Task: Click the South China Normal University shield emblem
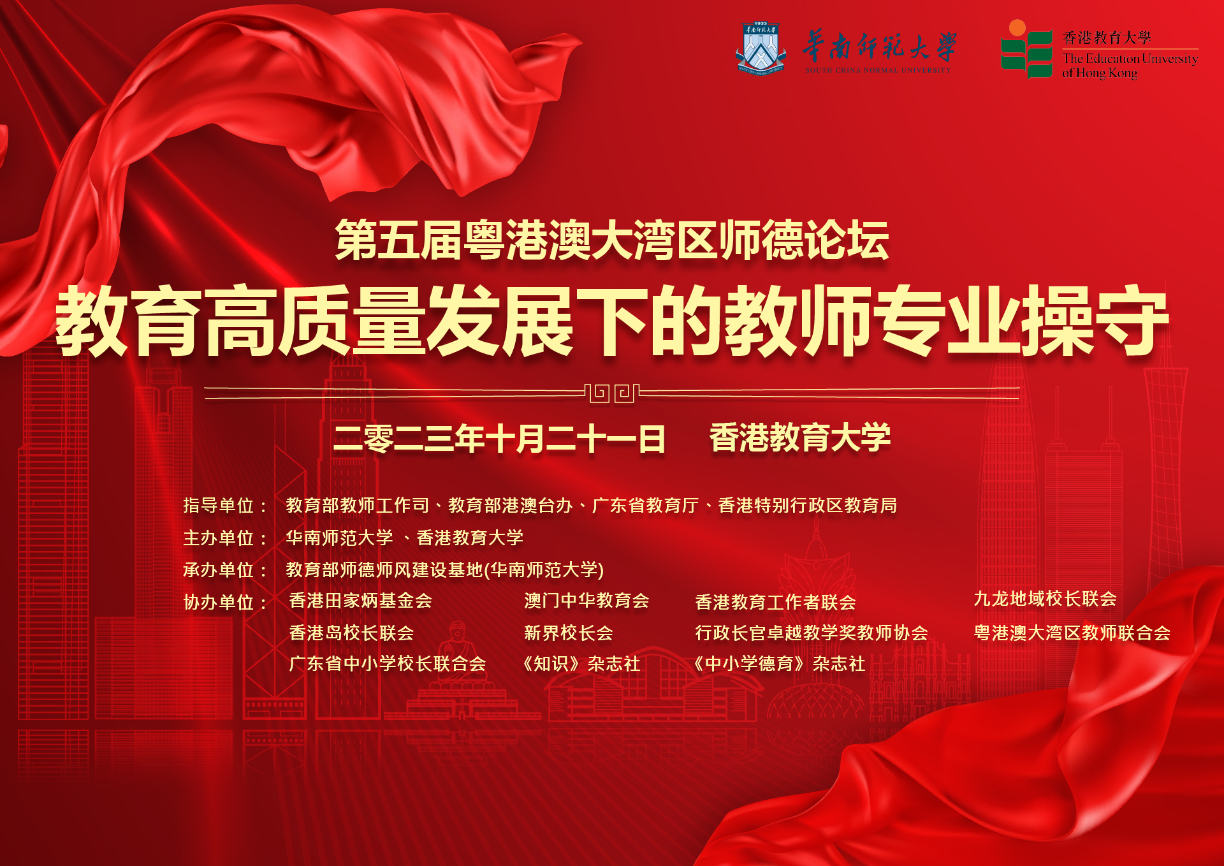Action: coord(761,48)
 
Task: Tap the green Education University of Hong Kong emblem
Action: coord(1026,50)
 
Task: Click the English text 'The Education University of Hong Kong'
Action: coord(1130,66)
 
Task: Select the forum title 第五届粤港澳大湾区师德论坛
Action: coord(612,240)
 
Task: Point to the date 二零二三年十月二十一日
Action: coord(499,439)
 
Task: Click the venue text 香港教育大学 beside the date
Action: coord(800,438)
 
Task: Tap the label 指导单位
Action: coord(219,506)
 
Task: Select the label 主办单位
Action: coord(219,538)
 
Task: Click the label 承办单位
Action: coord(219,569)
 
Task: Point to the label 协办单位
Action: coord(219,602)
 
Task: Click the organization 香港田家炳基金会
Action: coord(360,601)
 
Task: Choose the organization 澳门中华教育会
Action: coord(586,601)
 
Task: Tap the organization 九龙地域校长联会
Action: coord(1045,599)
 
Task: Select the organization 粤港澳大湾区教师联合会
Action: coord(1072,633)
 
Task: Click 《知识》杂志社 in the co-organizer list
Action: coord(581,664)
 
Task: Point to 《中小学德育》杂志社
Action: coord(779,664)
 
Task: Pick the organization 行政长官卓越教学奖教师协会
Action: coord(812,633)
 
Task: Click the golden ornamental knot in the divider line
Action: coord(612,393)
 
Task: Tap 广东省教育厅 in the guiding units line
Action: coord(646,506)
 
